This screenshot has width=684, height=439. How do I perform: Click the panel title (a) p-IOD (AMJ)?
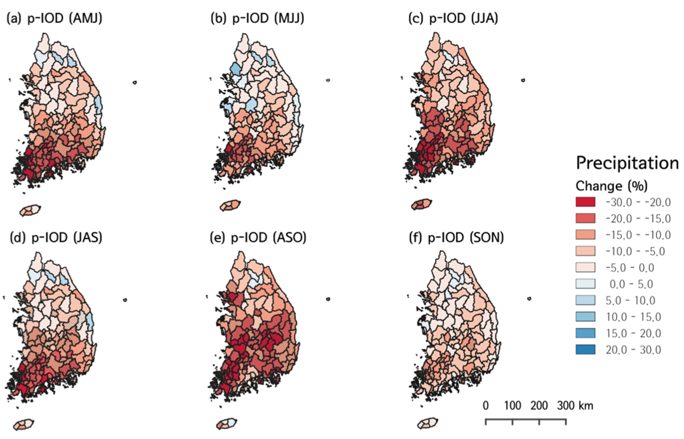pos(54,19)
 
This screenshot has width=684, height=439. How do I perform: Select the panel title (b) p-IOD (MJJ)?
pos(257,19)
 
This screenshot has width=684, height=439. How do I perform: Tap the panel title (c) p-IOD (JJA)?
pos(453,19)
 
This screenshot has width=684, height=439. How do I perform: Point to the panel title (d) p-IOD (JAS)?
pos(56,237)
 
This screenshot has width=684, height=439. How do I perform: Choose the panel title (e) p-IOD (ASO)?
pos(258,237)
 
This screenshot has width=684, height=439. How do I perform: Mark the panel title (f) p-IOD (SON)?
pos(456,237)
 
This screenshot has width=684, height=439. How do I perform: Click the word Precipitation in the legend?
pos(627,163)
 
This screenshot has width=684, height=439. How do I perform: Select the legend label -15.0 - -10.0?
pos(638,235)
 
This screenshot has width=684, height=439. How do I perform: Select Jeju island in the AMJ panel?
pos(30,210)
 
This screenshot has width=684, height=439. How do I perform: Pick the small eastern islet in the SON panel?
pos(529,299)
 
